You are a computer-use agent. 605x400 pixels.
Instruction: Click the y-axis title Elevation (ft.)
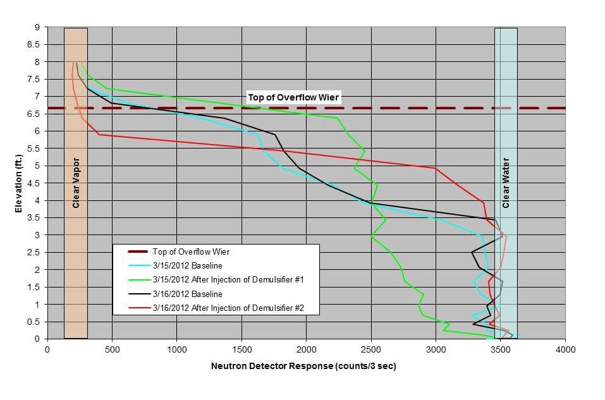(x=19, y=184)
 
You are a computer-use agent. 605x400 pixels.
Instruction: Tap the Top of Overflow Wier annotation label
(x=294, y=97)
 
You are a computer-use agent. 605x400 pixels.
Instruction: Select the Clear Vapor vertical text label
(x=76, y=184)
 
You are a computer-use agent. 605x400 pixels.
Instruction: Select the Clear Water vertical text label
(x=506, y=184)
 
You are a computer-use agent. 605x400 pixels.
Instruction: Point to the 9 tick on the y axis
(x=39, y=27)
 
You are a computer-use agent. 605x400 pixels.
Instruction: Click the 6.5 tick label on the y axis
(x=35, y=114)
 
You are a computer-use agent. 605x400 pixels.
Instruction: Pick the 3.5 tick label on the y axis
(x=35, y=218)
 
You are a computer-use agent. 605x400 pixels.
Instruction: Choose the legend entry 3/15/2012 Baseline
(x=187, y=265)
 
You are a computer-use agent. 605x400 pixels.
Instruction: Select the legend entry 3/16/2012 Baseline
(x=187, y=294)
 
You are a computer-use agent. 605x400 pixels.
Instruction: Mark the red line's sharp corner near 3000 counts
(x=436, y=168)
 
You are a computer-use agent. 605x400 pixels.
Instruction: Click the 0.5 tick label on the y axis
(x=35, y=322)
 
